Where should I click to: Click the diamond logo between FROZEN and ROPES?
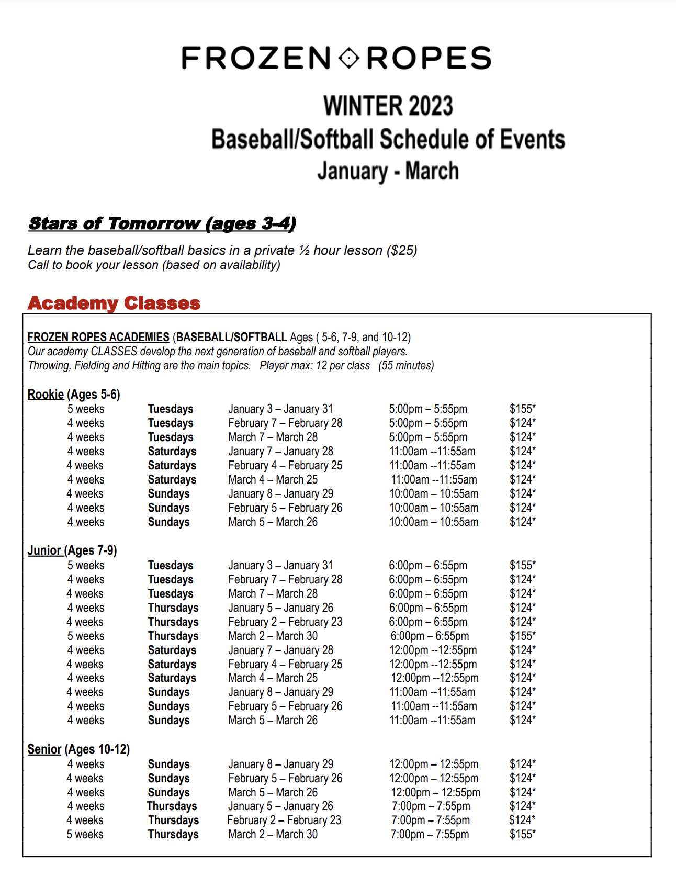[349, 58]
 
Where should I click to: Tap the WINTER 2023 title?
[388, 106]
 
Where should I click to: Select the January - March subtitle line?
[388, 171]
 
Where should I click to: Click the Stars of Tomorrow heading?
[162, 223]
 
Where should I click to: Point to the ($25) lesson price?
[402, 251]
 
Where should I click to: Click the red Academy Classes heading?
[114, 303]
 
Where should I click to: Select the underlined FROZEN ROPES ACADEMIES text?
[98, 337]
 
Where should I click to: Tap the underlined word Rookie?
[46, 395]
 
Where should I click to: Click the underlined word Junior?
[44, 550]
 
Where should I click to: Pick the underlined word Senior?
[44, 749]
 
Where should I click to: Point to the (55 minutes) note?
[406, 365]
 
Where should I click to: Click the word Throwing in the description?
[49, 365]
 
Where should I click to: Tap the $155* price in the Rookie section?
[522, 409]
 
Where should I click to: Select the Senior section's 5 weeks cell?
[85, 834]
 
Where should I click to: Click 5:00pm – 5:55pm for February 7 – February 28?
[427, 423]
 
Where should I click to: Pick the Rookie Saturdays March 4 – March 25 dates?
[273, 479]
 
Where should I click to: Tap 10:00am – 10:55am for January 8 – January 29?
[433, 493]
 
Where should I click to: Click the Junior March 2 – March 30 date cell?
[273, 636]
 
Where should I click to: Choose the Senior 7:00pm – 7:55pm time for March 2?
[430, 834]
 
